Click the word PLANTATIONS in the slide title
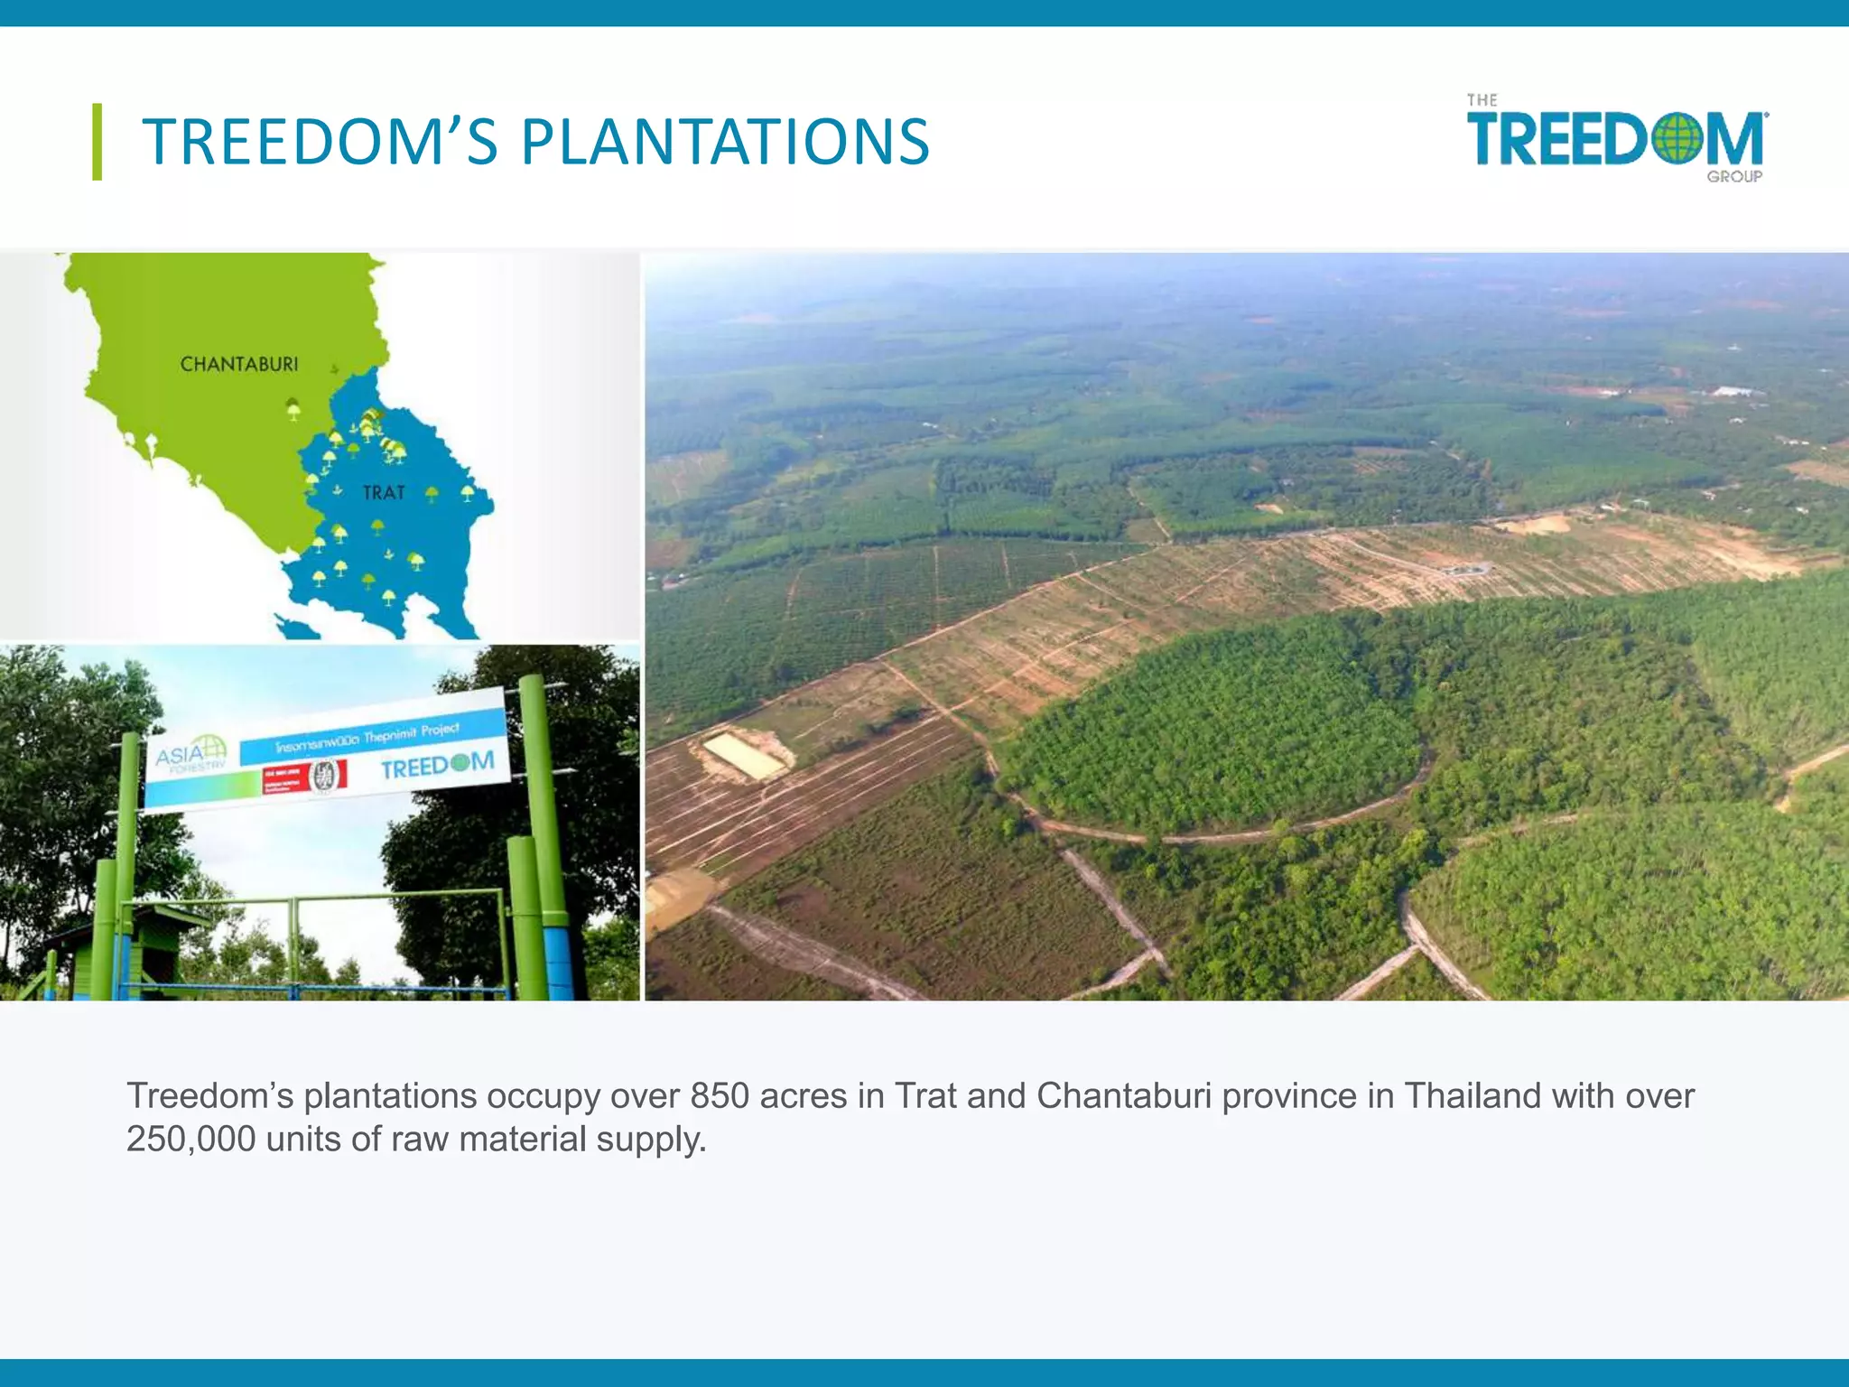tap(725, 143)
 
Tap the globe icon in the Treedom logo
tap(1677, 140)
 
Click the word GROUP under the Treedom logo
tap(1733, 177)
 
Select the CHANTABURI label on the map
tap(238, 365)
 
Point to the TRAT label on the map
tap(384, 493)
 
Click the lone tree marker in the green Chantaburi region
tap(293, 409)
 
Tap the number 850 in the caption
tap(720, 1096)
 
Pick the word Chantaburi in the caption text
tap(1123, 1096)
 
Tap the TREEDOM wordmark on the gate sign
tap(437, 766)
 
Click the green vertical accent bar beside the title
tap(97, 142)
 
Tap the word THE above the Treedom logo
tap(1482, 100)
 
